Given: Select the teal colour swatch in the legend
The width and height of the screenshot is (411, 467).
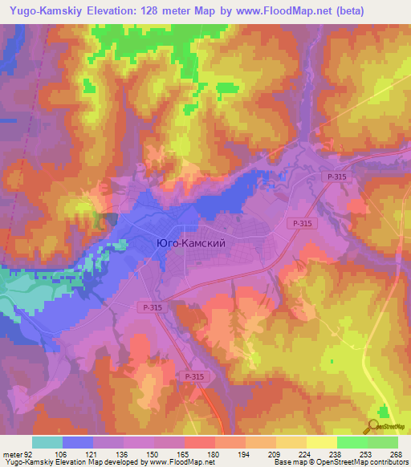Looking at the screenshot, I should [47, 442].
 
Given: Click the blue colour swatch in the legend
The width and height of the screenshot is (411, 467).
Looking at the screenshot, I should [78, 442].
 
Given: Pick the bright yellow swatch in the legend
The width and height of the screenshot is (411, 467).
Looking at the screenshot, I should [321, 442].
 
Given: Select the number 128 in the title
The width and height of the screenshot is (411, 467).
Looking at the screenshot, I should [144, 11].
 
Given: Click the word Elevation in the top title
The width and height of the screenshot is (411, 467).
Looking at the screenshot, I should [107, 11].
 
